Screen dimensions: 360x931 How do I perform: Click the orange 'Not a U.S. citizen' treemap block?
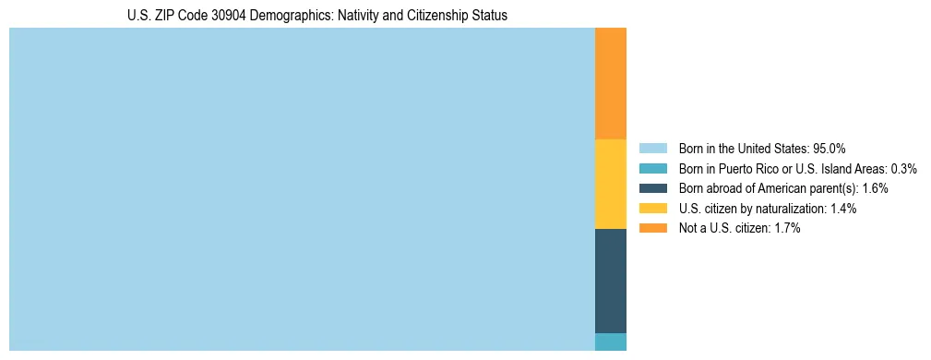pyautogui.click(x=610, y=83)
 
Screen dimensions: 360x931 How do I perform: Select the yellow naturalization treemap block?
pyautogui.click(x=610, y=184)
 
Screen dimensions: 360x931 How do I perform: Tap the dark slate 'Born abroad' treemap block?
pyautogui.click(x=610, y=281)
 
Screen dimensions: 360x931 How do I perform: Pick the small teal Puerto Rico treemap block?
pyautogui.click(x=610, y=342)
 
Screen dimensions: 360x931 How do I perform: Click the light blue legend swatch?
pyautogui.click(x=652, y=148)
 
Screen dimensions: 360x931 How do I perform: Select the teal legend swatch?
pyautogui.click(x=652, y=168)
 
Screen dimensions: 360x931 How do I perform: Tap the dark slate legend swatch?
pyautogui.click(x=652, y=188)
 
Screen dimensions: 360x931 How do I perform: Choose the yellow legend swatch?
pyautogui.click(x=652, y=209)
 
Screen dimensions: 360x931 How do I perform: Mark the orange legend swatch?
pyautogui.click(x=652, y=229)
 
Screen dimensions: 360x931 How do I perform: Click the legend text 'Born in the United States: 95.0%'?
pyautogui.click(x=762, y=148)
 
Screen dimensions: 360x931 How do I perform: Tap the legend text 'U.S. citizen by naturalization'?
pyautogui.click(x=753, y=209)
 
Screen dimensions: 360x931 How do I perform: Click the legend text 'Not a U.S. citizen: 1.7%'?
pyautogui.click(x=739, y=229)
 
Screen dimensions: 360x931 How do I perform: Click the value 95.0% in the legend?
pyautogui.click(x=830, y=148)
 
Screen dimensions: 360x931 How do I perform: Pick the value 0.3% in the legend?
pyautogui.click(x=903, y=168)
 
